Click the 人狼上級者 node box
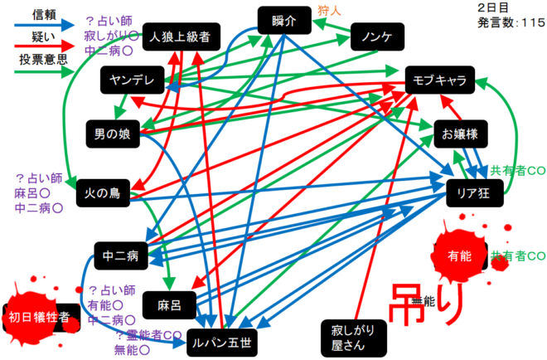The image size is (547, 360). (x=180, y=36)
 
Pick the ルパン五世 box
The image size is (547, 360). (x=220, y=340)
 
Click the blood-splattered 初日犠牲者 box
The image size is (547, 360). (x=40, y=317)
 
